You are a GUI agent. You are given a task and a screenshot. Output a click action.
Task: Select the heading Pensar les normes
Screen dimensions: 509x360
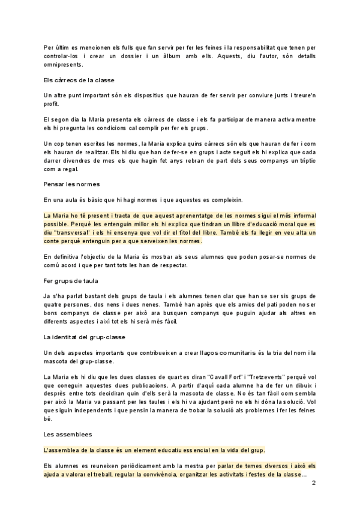pos(71,182)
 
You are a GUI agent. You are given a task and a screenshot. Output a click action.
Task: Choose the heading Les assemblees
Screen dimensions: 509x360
pos(67,433)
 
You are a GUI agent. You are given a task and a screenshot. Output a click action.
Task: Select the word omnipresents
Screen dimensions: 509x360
pos(65,67)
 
